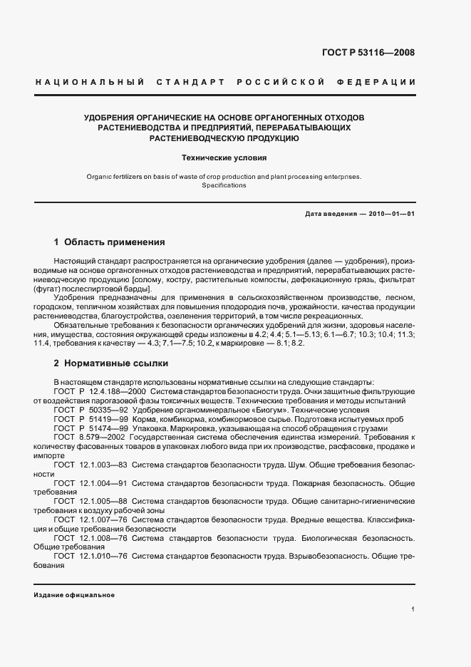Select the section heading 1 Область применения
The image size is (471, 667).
point(110,242)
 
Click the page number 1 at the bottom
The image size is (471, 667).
point(413,609)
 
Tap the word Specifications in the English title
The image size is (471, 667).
point(224,185)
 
